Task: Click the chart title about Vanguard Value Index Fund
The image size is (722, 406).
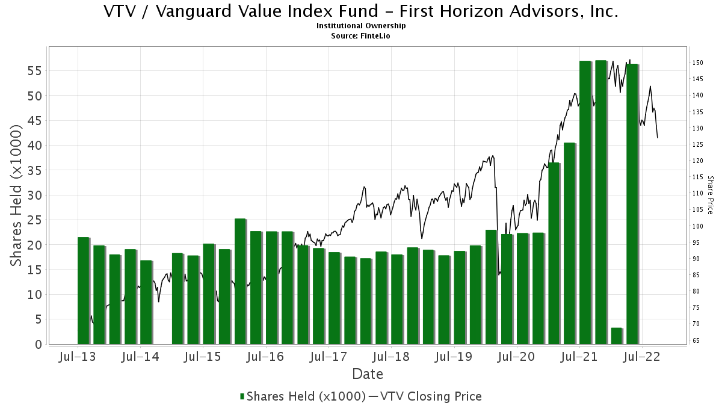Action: tap(361, 11)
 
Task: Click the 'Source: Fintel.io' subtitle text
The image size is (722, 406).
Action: tap(361, 35)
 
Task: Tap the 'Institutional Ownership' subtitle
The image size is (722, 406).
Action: tap(361, 26)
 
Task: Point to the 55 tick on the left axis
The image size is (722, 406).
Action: tap(34, 70)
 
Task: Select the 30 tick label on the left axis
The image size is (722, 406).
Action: tap(34, 195)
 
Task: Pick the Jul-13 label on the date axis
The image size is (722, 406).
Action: tap(77, 357)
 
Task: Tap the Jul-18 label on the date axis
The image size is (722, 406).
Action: tap(390, 357)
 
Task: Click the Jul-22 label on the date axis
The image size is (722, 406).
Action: tap(641, 357)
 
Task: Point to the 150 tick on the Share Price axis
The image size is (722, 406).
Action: tap(698, 63)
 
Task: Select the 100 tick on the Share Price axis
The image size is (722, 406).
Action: tap(698, 226)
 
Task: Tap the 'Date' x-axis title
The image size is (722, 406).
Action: tap(368, 374)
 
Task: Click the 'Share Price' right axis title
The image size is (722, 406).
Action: tap(710, 195)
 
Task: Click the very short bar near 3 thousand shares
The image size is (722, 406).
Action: tap(616, 336)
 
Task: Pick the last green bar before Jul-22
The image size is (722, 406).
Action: tap(632, 205)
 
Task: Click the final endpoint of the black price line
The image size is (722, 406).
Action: tap(657, 138)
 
